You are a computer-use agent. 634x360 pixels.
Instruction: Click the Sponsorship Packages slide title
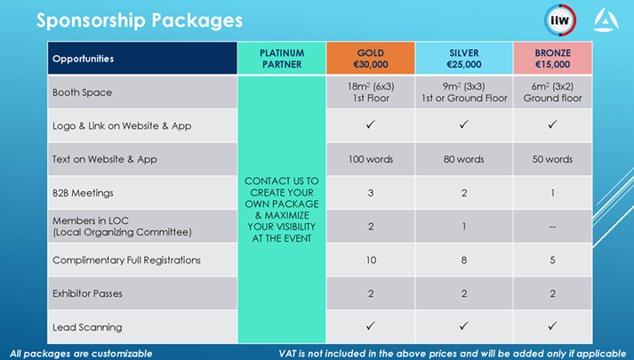click(140, 20)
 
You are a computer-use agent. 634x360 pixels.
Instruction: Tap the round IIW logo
click(560, 20)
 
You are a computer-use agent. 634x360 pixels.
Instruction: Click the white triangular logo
click(606, 20)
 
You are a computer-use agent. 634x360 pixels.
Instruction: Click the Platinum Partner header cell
click(282, 59)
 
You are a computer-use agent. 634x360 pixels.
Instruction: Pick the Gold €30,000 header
click(371, 59)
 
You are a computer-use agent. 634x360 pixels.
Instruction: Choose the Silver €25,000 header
click(464, 59)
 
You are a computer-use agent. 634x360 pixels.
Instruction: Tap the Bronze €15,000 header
click(553, 59)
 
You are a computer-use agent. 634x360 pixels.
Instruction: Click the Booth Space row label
click(82, 92)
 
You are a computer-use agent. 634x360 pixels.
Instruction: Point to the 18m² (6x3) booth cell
click(371, 92)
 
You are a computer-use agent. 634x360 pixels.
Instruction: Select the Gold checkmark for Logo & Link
click(371, 124)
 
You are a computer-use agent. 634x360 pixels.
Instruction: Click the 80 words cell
click(464, 159)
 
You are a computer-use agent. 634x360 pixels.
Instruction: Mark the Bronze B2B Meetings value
click(553, 193)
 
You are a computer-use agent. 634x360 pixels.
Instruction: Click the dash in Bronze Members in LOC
click(553, 227)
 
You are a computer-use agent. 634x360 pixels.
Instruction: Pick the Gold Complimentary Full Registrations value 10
click(371, 260)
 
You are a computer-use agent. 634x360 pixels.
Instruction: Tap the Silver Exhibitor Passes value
click(464, 293)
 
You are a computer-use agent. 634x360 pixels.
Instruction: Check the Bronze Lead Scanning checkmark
click(552, 325)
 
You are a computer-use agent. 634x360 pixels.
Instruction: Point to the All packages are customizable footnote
click(81, 354)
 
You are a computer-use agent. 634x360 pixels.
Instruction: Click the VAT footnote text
click(453, 354)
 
